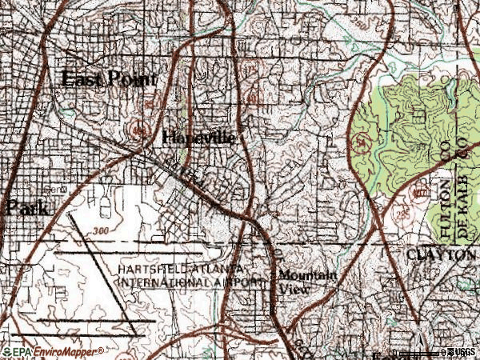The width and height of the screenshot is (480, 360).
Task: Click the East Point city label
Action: click(110, 79)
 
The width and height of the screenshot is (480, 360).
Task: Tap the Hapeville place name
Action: click(198, 138)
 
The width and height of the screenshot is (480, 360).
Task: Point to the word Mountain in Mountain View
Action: click(307, 276)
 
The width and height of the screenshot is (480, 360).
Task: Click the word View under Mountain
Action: click(288, 290)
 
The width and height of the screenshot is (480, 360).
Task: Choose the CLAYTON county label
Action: click(440, 254)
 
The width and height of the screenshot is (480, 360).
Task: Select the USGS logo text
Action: click(463, 352)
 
